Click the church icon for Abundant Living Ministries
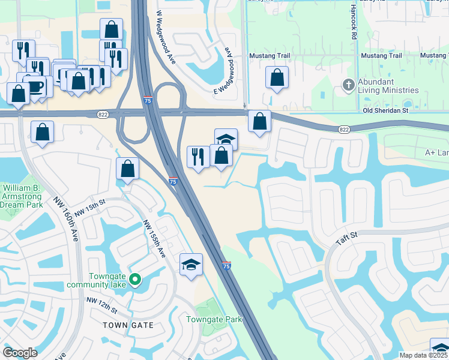(348, 85)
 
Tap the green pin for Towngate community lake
(136, 279)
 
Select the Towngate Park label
(214, 319)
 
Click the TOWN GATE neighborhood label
(128, 325)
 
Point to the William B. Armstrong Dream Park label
(20, 196)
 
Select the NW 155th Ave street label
(154, 239)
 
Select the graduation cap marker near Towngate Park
(191, 265)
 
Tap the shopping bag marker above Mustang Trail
(277, 77)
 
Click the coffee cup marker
(35, 87)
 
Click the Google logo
(20, 353)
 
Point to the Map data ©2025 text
(423, 355)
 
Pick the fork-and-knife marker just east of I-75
(199, 157)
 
